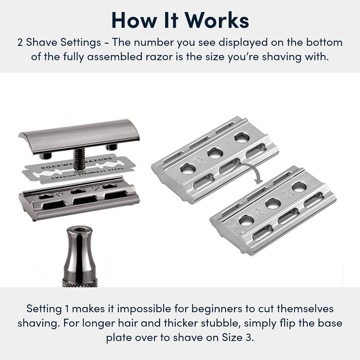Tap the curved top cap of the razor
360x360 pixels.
(x=79, y=137)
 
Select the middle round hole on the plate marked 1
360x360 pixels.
(x=215, y=153)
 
